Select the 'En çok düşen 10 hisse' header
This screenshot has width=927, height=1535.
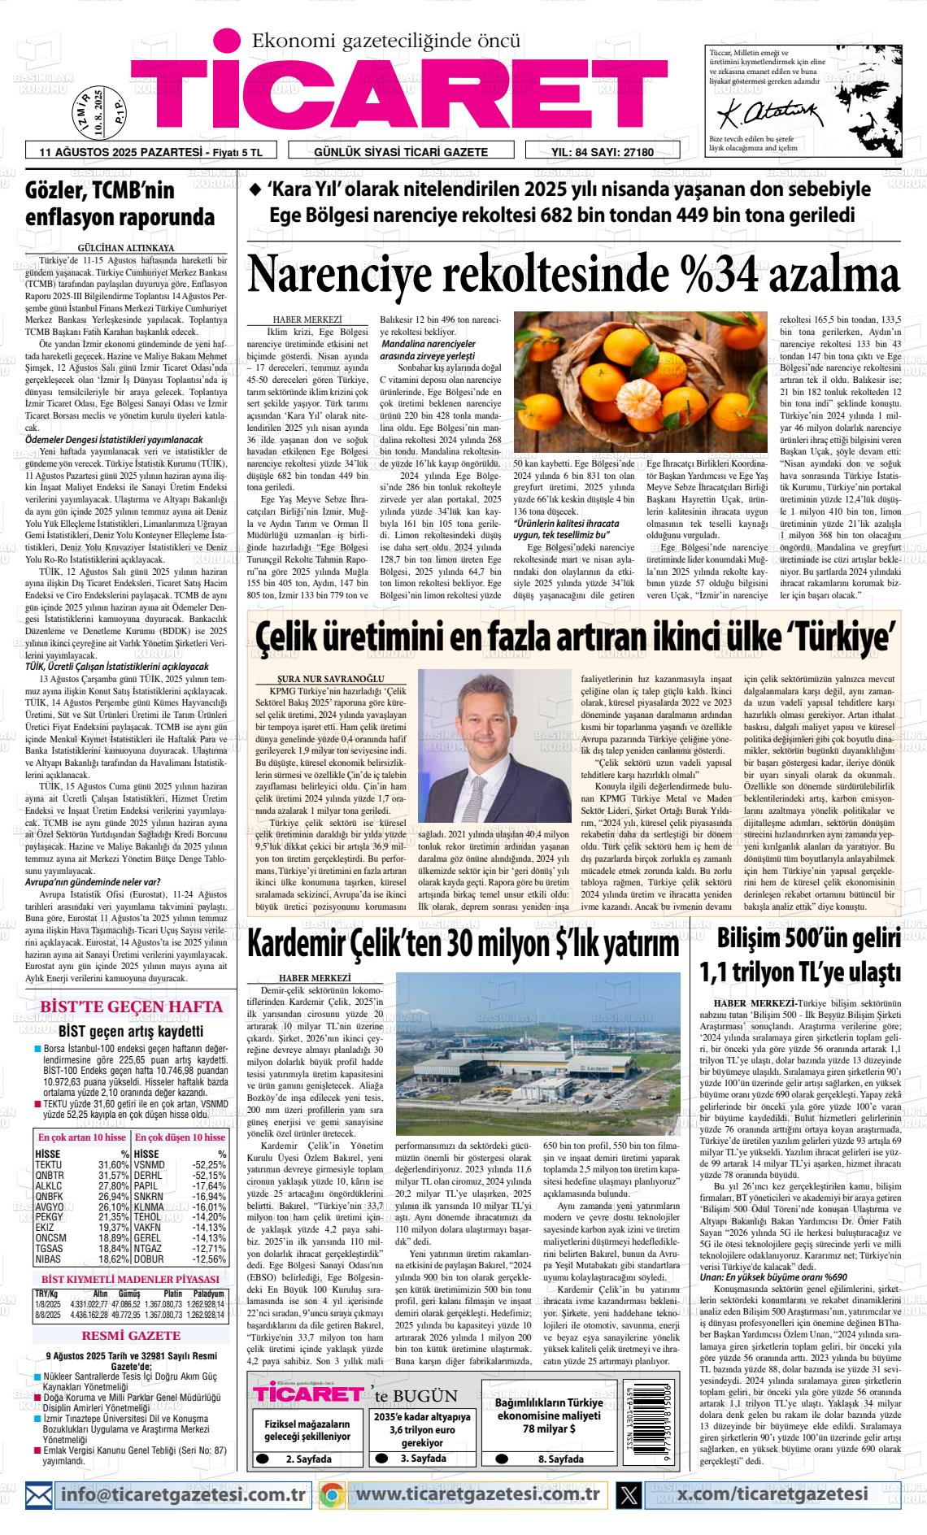[180, 1137]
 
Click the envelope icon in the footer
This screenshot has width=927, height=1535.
[38, 1494]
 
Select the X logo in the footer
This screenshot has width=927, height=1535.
[629, 1494]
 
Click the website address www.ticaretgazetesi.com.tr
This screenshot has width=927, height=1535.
[477, 1494]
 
